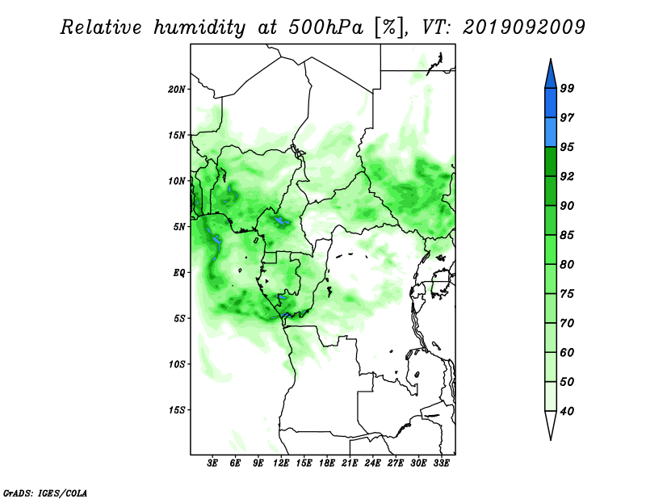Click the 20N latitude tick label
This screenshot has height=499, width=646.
coord(177,90)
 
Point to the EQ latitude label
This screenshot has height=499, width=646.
coord(179,273)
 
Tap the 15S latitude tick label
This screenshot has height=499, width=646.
coord(177,410)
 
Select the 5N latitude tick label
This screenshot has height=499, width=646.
coord(179,227)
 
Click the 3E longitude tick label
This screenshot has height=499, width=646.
coord(212,463)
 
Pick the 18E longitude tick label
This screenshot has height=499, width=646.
coord(327,463)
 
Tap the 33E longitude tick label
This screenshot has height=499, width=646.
coord(441,463)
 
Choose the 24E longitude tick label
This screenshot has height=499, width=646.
coord(372,463)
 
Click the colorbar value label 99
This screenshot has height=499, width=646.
coord(567,88)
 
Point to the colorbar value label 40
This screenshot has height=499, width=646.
coord(567,411)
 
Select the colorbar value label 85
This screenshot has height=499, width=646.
coord(567,235)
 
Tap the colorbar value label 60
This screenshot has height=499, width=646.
coord(567,352)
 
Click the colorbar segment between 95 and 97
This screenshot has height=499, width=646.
coord(551,132)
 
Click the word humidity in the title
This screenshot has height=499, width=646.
coord(199,27)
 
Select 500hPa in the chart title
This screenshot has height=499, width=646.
coord(326,27)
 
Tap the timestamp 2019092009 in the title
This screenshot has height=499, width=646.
coord(523,27)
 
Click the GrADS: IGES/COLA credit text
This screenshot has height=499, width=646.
coord(45,493)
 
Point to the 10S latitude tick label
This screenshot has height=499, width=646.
coord(177,364)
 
